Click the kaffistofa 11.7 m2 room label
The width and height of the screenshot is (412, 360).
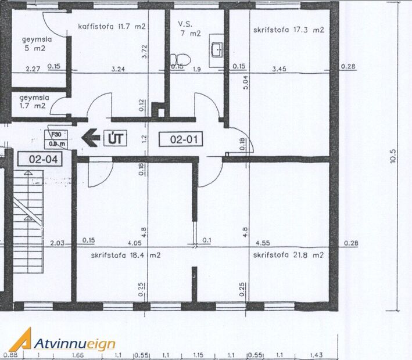click(112, 26)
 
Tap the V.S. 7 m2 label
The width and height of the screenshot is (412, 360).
click(189, 29)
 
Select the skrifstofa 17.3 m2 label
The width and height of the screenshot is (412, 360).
click(288, 30)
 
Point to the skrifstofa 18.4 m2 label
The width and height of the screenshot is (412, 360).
click(126, 255)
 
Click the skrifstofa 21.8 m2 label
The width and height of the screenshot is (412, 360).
click(288, 255)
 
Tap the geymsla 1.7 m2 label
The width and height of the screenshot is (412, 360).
click(33, 102)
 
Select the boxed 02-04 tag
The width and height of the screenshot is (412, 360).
click(35, 157)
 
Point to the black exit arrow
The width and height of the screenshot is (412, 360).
click(91, 138)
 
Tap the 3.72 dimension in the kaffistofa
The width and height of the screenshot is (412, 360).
click(144, 53)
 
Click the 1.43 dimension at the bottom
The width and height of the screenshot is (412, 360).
click(317, 355)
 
